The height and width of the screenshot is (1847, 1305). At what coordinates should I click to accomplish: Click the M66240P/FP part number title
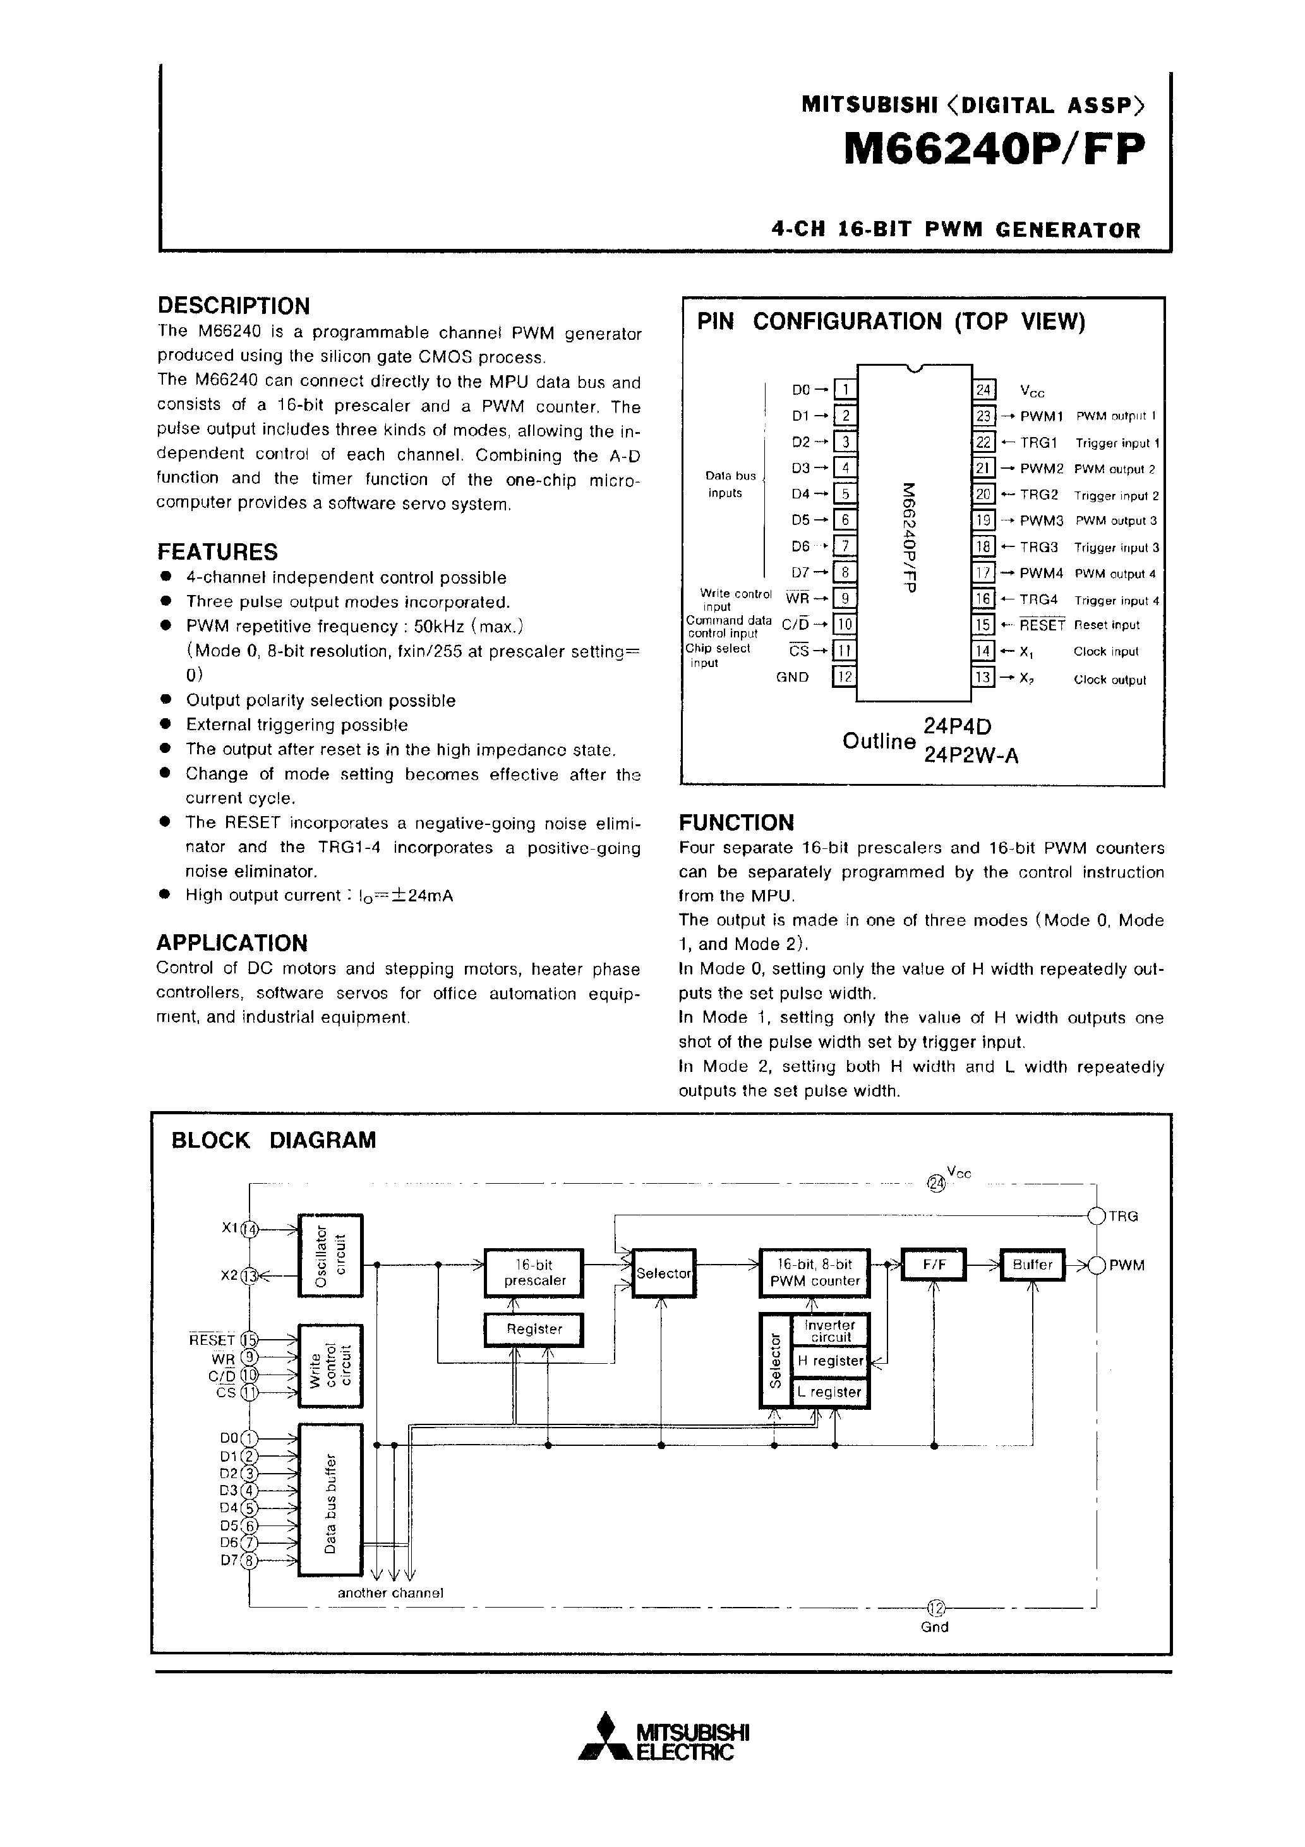pyautogui.click(x=993, y=150)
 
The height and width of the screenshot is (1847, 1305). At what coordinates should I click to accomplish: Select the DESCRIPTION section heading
pyautogui.click(x=233, y=306)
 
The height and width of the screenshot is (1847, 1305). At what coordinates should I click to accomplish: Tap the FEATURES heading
pyautogui.click(x=217, y=552)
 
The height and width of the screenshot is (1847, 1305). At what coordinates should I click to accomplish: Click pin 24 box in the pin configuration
pyautogui.click(x=984, y=390)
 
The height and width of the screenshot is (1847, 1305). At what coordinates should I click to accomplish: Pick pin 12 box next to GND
pyautogui.click(x=844, y=677)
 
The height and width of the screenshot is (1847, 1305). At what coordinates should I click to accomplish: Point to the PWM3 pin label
pyautogui.click(x=1041, y=521)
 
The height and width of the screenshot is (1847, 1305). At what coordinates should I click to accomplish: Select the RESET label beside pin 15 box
pyautogui.click(x=1041, y=625)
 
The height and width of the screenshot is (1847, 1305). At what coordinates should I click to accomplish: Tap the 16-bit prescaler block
pyautogui.click(x=533, y=1273)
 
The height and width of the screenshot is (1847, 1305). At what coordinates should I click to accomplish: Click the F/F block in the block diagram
pyautogui.click(x=934, y=1265)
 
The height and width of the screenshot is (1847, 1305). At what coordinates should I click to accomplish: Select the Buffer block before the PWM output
pyautogui.click(x=1032, y=1265)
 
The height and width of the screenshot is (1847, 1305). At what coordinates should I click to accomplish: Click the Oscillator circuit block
pyautogui.click(x=331, y=1255)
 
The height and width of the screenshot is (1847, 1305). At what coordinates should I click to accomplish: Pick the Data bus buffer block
pyautogui.click(x=331, y=1500)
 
